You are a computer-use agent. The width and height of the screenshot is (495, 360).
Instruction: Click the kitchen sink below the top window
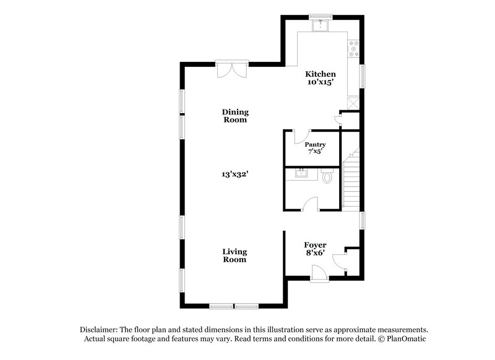[321, 25]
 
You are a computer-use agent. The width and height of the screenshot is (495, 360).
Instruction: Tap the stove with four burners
[355, 49]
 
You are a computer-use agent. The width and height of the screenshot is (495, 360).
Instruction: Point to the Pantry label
[315, 144]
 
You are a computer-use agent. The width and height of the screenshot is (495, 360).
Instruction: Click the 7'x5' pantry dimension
[315, 152]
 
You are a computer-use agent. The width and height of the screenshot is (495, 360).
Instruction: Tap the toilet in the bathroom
[328, 177]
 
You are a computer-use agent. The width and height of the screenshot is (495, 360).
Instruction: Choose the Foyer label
[316, 245]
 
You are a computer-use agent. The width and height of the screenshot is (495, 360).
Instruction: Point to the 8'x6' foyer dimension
[316, 254]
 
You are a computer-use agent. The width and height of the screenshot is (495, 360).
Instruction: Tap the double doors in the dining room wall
[232, 69]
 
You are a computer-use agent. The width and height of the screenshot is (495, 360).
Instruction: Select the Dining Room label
[236, 116]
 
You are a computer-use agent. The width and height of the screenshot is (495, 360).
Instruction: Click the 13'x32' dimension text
[236, 174]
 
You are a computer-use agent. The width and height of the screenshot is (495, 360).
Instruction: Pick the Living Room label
[235, 255]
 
